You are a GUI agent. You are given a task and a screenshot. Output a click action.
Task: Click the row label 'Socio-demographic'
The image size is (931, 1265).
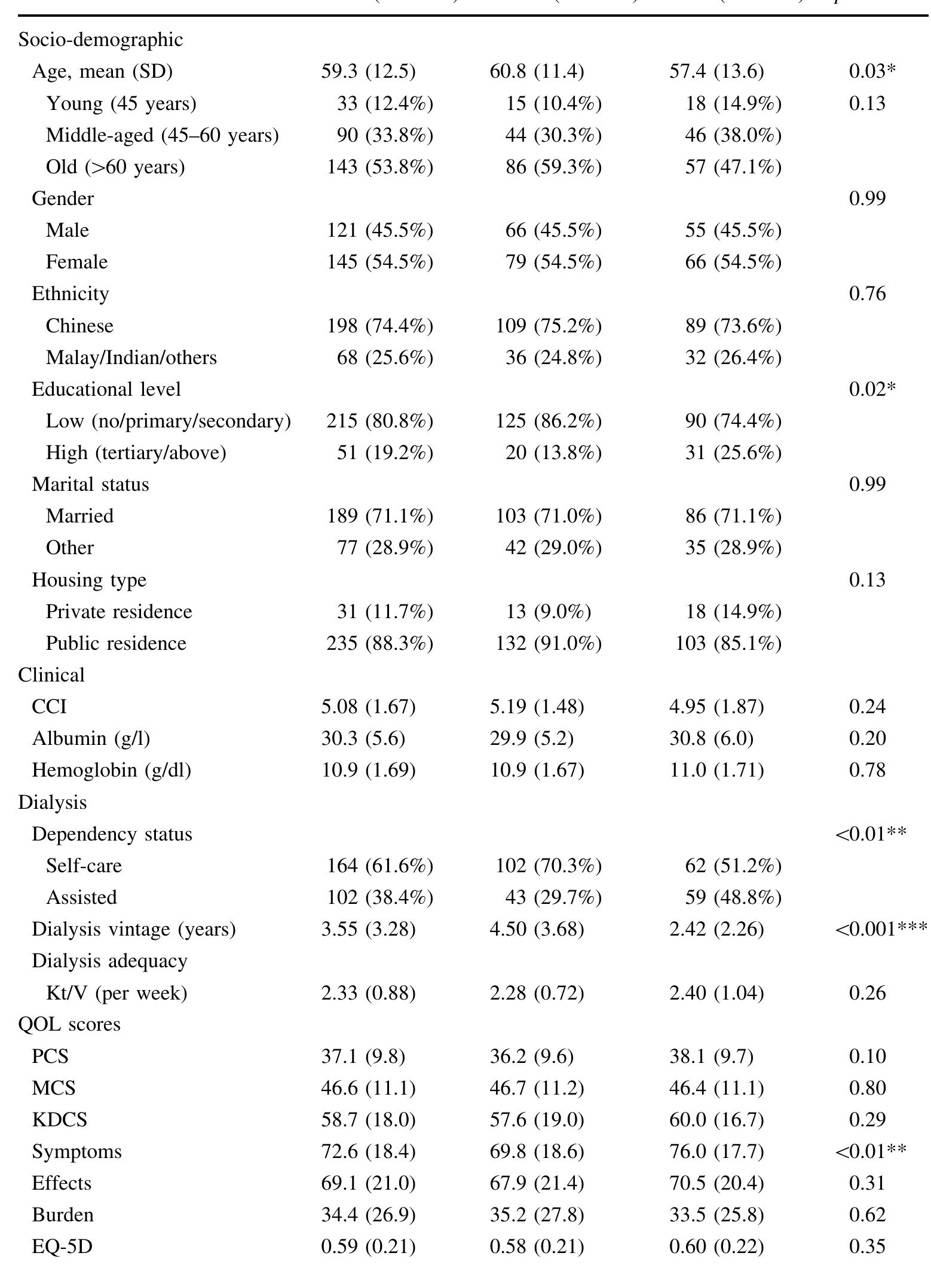pyautogui.click(x=100, y=40)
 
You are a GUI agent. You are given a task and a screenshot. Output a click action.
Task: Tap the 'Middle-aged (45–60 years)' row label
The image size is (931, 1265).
pyautogui.click(x=162, y=136)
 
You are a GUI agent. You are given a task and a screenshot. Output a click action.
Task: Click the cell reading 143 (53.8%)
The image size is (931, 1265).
pyautogui.click(x=379, y=167)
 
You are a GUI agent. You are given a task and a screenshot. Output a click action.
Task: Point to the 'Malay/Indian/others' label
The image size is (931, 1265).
pyautogui.click(x=131, y=357)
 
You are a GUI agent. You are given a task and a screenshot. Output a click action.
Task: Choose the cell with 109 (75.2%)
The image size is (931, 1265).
pyautogui.click(x=548, y=326)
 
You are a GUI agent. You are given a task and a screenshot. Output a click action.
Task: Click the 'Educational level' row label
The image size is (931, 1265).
pyautogui.click(x=106, y=389)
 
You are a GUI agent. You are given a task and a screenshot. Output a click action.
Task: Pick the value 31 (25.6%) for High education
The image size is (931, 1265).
pyautogui.click(x=733, y=453)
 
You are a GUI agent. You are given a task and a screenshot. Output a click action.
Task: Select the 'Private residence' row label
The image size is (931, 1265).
pyautogui.click(x=119, y=612)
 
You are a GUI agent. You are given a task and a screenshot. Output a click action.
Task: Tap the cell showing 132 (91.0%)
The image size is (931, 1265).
pyautogui.click(x=548, y=643)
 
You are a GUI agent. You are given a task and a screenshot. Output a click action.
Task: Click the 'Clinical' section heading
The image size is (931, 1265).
pyautogui.click(x=51, y=675)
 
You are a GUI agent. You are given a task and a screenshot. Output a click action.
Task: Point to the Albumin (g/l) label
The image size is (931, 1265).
pyautogui.click(x=91, y=738)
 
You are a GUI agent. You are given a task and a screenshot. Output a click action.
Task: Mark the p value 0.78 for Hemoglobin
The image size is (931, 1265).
pyautogui.click(x=867, y=770)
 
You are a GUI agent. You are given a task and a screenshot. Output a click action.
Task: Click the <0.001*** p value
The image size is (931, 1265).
pyautogui.click(x=881, y=929)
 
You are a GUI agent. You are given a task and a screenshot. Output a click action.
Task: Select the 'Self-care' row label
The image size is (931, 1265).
pyautogui.click(x=84, y=866)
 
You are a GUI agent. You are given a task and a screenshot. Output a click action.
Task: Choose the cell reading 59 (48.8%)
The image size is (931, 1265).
pyautogui.click(x=733, y=897)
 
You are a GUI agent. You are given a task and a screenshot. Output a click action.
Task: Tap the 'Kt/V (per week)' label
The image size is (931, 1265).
pyautogui.click(x=117, y=993)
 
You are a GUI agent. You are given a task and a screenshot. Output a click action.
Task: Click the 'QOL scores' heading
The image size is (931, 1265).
pyautogui.click(x=69, y=1025)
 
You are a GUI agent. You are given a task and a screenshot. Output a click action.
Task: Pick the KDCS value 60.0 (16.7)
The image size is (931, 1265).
pyautogui.click(x=716, y=1120)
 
